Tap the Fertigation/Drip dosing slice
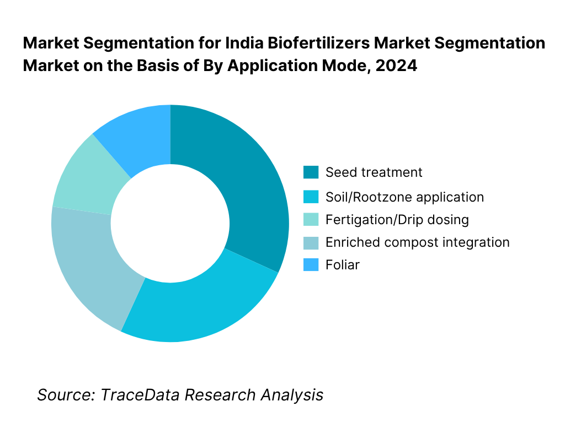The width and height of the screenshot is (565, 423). pos(83,176)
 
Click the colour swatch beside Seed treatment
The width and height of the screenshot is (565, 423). pos(311,172)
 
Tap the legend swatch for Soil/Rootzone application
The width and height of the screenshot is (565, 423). pos(311,197)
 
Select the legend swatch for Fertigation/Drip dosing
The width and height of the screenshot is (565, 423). pos(311,220)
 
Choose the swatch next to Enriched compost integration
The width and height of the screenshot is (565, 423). pos(311,242)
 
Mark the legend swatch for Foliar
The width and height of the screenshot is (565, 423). pos(311,265)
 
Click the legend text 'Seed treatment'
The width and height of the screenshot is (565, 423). pos(374,172)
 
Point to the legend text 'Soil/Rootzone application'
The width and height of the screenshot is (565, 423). pos(404,197)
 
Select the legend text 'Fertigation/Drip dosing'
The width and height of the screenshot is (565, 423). pos(397,220)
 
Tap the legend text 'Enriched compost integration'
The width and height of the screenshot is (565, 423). pos(417,242)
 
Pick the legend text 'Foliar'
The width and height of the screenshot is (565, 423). pos(342,265)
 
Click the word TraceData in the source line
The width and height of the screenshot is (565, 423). pos(140,394)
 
